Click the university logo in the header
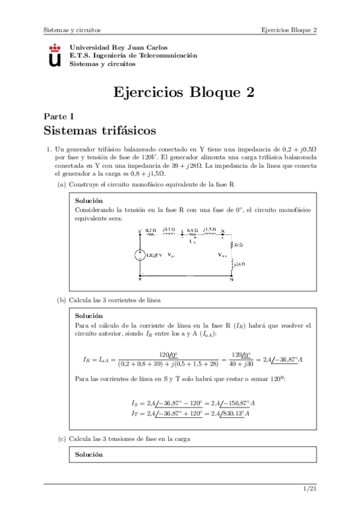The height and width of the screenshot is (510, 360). pos(54,55)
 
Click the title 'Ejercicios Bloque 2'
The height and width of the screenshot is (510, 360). pos(184,92)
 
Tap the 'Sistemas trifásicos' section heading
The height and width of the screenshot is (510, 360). pos(100,130)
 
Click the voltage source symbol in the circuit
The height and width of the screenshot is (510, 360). pos(139,255)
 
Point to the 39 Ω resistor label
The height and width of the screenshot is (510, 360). pos(239,245)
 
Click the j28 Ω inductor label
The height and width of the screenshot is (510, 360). pos(239,264)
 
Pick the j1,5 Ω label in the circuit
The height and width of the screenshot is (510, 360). pos(210,229)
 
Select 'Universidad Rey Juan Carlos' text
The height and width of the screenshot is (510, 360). pos(118,47)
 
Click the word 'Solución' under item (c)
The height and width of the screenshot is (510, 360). pos(89,455)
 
